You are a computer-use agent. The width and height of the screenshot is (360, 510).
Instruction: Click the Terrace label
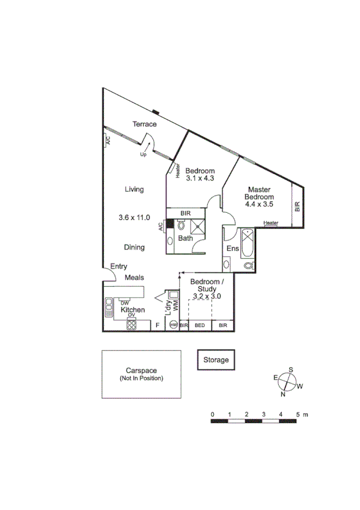coord(144,124)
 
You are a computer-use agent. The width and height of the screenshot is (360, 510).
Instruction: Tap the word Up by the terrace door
coord(143,155)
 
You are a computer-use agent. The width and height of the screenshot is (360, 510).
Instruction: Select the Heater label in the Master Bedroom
coord(271,223)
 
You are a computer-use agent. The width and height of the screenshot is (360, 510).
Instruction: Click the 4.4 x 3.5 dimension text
coord(259,204)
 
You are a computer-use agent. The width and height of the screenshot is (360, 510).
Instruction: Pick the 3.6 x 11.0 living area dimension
coord(134,218)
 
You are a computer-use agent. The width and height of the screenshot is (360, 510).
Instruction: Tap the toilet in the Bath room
coord(182,226)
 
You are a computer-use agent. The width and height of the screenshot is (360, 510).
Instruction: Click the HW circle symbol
coord(173,325)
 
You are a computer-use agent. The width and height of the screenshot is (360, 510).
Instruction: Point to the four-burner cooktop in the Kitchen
coord(131,324)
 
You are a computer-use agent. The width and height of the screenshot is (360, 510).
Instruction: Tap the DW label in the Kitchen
coord(124,303)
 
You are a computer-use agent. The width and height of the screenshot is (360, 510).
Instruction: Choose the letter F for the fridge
coord(157,325)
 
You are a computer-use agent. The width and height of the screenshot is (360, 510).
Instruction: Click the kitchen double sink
coord(109,309)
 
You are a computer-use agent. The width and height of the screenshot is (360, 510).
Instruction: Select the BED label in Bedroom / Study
coord(200,325)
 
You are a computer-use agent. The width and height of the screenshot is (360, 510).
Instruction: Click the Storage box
coord(216,360)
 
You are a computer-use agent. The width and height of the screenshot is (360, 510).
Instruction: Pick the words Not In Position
coord(141,378)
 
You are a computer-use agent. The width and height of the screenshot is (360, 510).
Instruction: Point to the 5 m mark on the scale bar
coord(297,415)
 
